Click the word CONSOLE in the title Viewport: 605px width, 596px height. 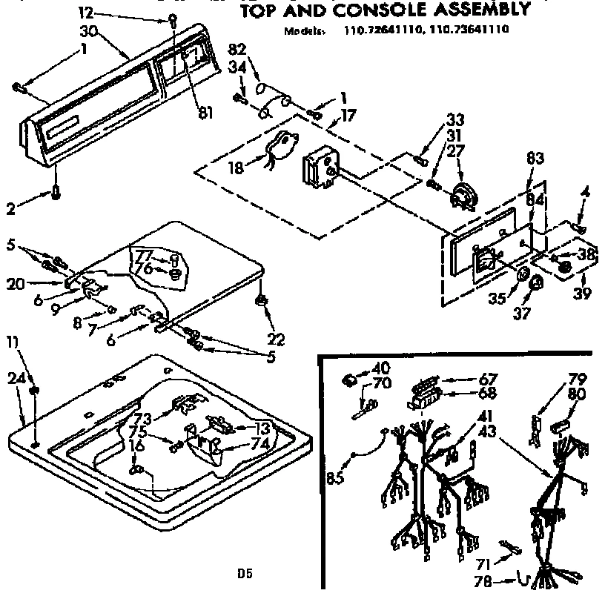pyautogui.click(x=371, y=10)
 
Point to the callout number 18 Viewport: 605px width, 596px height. pyautogui.click(x=236, y=168)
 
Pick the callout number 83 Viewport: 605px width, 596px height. pyautogui.click(x=535, y=158)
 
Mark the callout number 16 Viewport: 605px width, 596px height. pyautogui.click(x=135, y=446)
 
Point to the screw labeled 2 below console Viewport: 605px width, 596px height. pyautogui.click(x=56, y=194)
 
